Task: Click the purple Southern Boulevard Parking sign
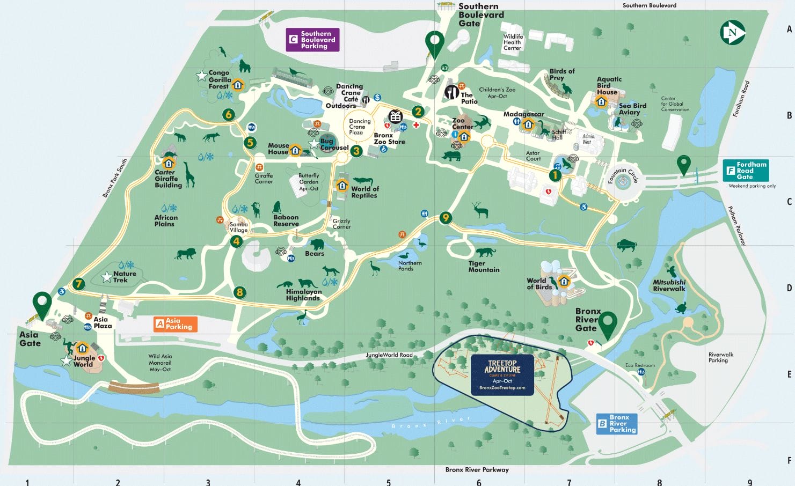pyautogui.click(x=312, y=40)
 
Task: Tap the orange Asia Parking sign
pyautogui.click(x=176, y=324)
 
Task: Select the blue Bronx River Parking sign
pyautogui.click(x=617, y=423)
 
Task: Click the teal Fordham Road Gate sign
pyautogui.click(x=746, y=171)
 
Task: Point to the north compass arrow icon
pyautogui.click(x=732, y=33)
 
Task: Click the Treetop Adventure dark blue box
pyautogui.click(x=502, y=374)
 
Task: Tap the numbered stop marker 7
pyautogui.click(x=79, y=284)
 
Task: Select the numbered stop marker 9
pyautogui.click(x=445, y=217)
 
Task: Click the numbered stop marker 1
pyautogui.click(x=555, y=175)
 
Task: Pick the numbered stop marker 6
pyautogui.click(x=229, y=114)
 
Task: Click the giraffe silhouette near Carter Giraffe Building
pyautogui.click(x=189, y=175)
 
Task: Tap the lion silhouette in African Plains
pyautogui.click(x=186, y=254)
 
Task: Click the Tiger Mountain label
pyautogui.click(x=484, y=267)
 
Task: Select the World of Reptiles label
pyautogui.click(x=364, y=192)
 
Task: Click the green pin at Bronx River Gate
pyautogui.click(x=608, y=325)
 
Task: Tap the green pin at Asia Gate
pyautogui.click(x=42, y=304)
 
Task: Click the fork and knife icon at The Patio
pyautogui.click(x=451, y=92)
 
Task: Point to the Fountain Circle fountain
pyautogui.click(x=623, y=182)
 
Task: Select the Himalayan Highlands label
pyautogui.click(x=303, y=294)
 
